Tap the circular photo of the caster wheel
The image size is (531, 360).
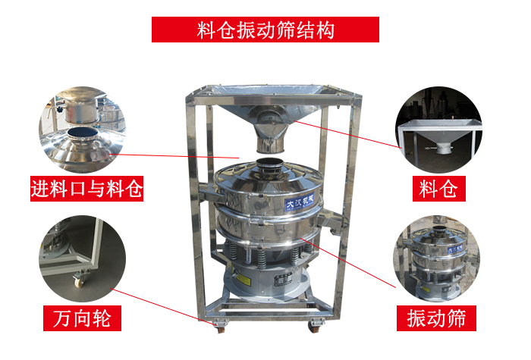(82, 258)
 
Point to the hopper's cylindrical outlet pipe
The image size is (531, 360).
(266, 139)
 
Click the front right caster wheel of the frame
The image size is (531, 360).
(313, 328)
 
